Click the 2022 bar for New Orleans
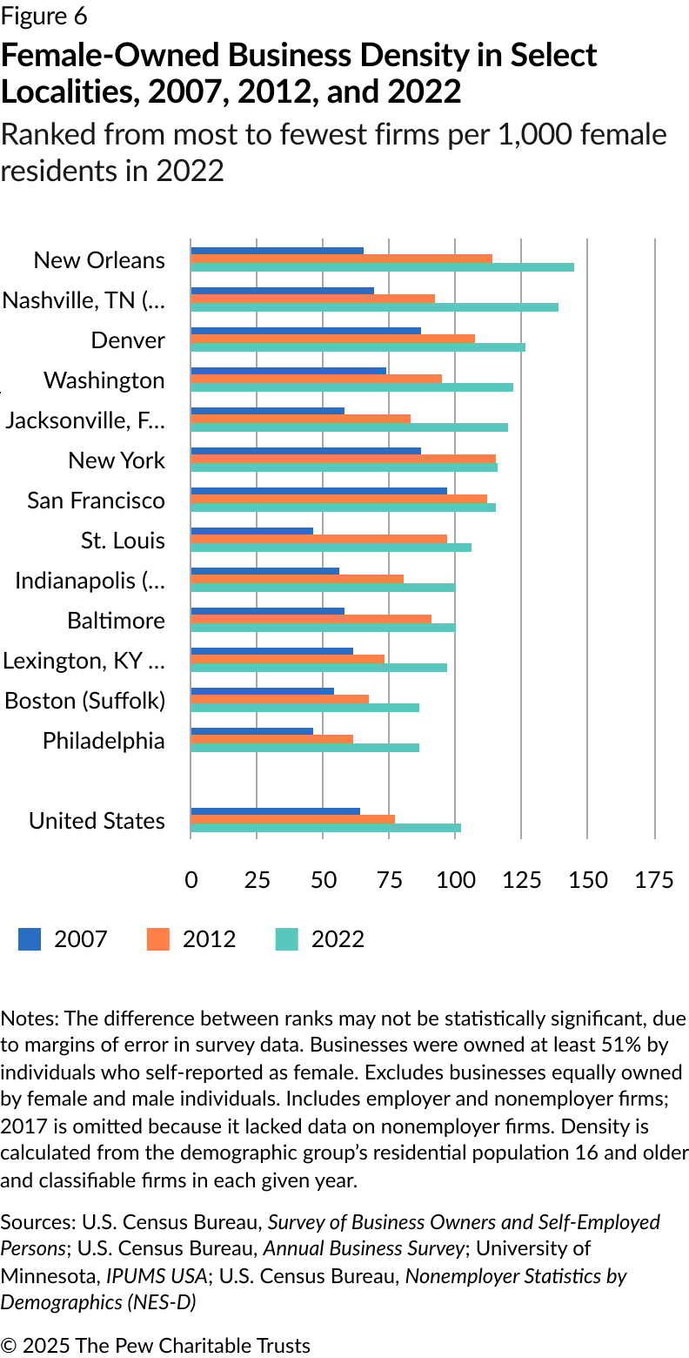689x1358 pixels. click(x=382, y=266)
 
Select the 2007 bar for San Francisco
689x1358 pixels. click(x=318, y=491)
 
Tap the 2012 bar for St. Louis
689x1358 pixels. click(x=318, y=539)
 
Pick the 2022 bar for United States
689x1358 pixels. click(x=325, y=828)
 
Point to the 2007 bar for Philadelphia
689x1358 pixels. click(x=251, y=731)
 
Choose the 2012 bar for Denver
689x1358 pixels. click(x=332, y=338)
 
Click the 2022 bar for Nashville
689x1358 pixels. click(x=374, y=306)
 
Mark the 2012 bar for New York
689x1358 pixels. click(x=343, y=458)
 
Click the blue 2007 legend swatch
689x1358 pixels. click(x=30, y=939)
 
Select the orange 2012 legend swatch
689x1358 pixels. click(x=158, y=939)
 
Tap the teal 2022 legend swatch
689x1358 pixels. click(x=287, y=939)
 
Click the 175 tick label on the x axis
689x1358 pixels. click(x=654, y=880)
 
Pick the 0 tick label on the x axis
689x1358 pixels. click(x=191, y=880)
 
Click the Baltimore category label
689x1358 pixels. click(x=116, y=621)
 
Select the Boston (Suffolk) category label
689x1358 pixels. click(x=85, y=701)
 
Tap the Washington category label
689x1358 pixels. click(x=104, y=380)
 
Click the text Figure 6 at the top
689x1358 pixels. click(x=44, y=17)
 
